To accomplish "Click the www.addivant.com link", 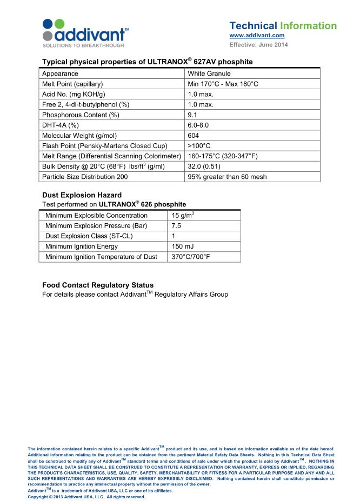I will [x=257, y=36].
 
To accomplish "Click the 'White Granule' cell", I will [x=209, y=74].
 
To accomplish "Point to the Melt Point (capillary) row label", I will [x=72, y=84].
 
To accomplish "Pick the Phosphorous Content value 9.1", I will [x=193, y=115].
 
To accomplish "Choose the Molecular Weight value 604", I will [x=194, y=135].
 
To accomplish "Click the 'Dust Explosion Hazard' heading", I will [x=82, y=195].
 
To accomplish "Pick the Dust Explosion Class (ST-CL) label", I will [x=89, y=236].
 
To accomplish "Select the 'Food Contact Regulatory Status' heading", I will [x=98, y=285].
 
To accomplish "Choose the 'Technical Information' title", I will [x=283, y=26].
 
